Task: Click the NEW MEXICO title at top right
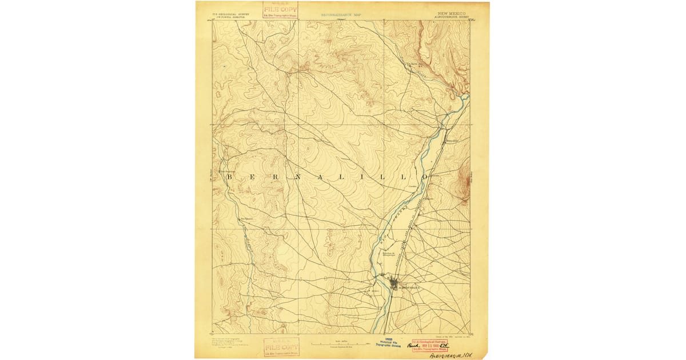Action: (452, 13)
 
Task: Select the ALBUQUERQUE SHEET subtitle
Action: (452, 17)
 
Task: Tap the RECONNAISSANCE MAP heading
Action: (341, 15)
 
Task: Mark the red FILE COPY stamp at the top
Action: (280, 9)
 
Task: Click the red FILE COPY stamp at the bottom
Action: (281, 347)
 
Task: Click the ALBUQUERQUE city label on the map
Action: (407, 287)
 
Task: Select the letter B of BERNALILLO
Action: (230, 178)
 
